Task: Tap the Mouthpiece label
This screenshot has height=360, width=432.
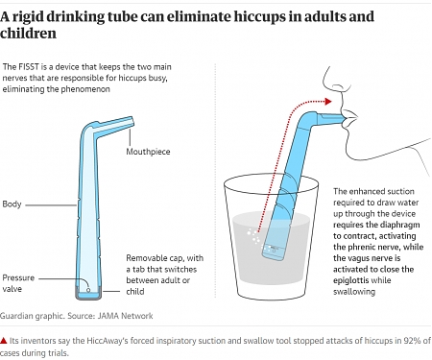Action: tap(149, 153)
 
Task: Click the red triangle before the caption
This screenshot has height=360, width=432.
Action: tap(5, 341)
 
